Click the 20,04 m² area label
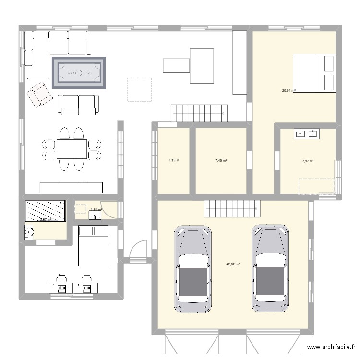pyautogui.click(x=288, y=90)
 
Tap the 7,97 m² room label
pyautogui.click(x=308, y=161)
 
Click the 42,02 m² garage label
pyautogui.click(x=233, y=264)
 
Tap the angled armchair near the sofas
pyautogui.click(x=39, y=94)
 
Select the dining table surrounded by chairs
pyautogui.click(x=72, y=149)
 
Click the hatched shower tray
pyautogui.click(x=45, y=211)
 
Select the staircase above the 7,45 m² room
pyautogui.click(x=198, y=113)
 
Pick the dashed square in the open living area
pyautogui.click(x=139, y=90)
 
